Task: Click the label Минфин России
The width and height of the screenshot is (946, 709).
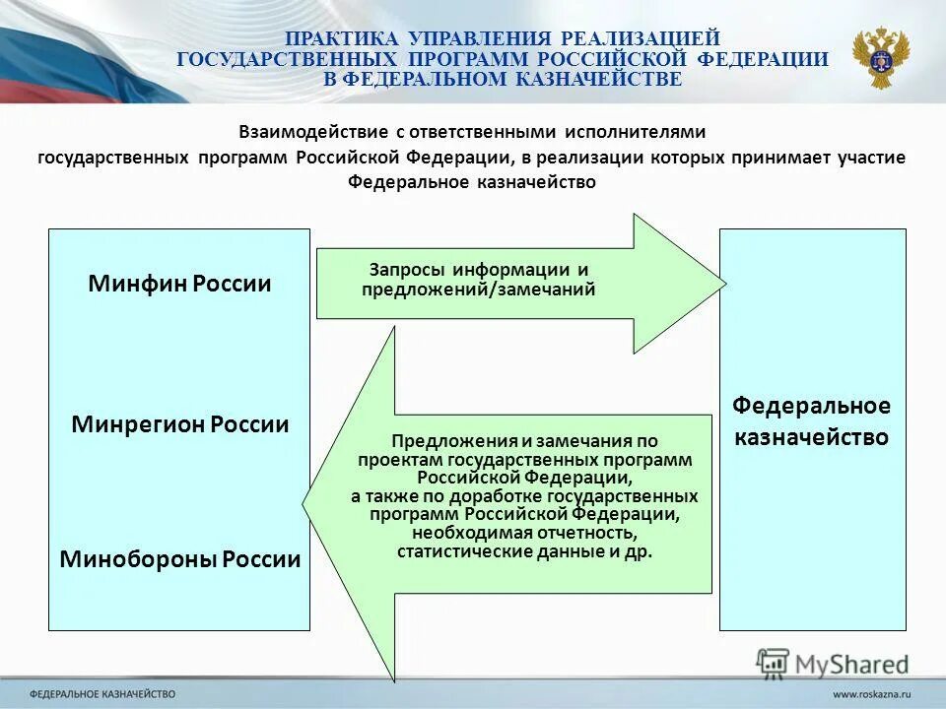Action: click(179, 285)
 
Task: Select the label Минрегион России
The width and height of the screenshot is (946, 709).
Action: click(180, 424)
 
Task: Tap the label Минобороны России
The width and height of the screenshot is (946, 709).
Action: click(180, 559)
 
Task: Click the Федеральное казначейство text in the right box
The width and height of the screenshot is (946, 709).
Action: click(811, 420)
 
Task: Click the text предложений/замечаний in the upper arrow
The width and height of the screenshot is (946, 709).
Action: click(479, 290)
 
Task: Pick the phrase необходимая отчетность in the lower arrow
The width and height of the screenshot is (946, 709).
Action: click(524, 532)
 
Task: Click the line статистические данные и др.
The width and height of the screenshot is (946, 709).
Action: click(524, 551)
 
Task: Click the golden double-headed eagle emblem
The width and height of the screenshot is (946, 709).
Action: click(881, 57)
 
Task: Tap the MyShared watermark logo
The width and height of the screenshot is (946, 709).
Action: click(834, 663)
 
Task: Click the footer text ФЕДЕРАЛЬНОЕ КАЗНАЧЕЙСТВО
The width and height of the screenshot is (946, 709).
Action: click(102, 694)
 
